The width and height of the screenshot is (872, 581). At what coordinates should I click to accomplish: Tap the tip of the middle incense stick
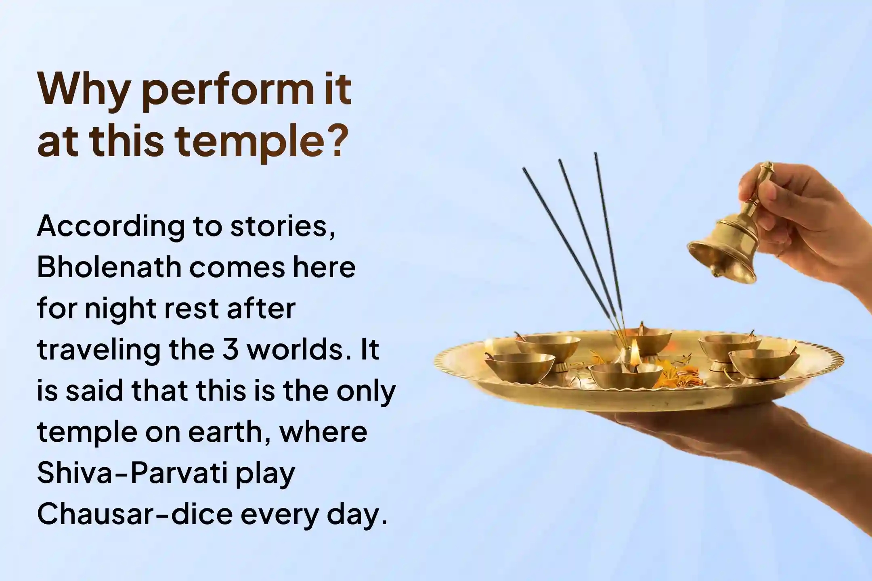(560, 161)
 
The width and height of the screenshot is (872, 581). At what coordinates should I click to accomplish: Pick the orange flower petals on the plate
(674, 375)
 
